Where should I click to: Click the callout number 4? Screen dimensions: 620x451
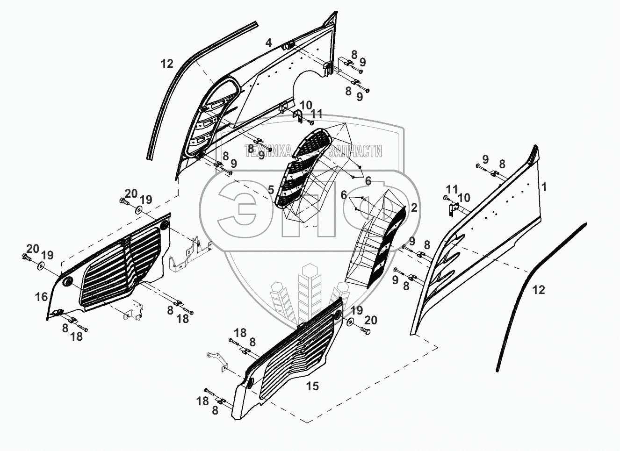(268, 43)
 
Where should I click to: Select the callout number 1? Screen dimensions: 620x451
(543, 187)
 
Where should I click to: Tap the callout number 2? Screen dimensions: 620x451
(414, 208)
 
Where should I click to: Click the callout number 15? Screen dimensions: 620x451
(312, 386)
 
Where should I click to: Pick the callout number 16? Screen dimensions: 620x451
(41, 296)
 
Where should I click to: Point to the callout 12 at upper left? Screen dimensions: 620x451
(167, 64)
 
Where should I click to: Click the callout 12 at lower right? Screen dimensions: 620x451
(539, 290)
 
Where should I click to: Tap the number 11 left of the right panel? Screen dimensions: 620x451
(452, 189)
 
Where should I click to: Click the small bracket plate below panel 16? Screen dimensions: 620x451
(132, 311)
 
